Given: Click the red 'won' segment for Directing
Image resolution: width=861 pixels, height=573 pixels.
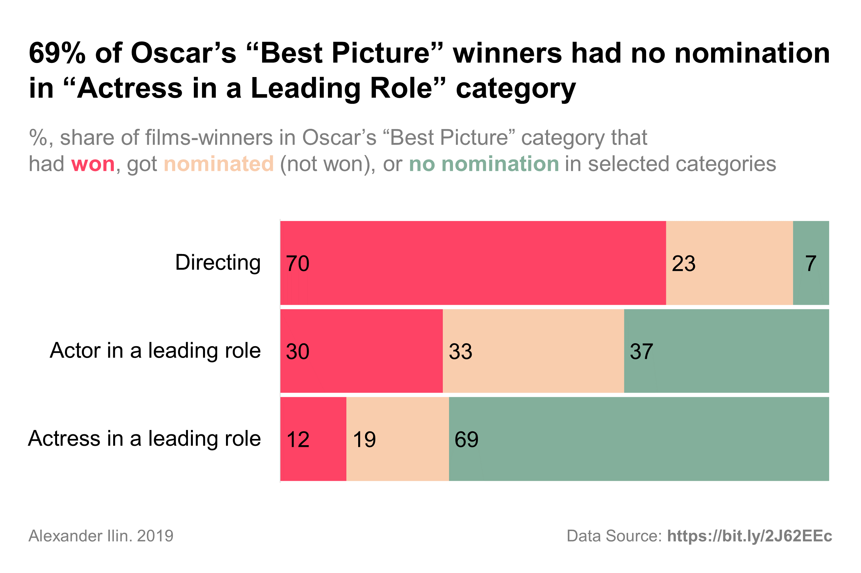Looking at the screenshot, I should pos(473,263).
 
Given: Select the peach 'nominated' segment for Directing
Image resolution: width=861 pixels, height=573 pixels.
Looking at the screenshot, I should pos(729,263).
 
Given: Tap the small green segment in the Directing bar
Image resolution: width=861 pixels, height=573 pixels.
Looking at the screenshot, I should pos(810,263).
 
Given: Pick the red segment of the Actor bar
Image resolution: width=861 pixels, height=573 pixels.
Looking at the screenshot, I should pos(361,351).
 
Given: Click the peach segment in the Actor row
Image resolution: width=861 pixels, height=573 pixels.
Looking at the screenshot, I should pos(533,351).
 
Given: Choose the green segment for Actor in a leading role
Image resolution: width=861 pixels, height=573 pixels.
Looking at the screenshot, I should pos(726,351).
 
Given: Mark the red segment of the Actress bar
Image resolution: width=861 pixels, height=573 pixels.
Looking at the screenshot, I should pos(313,439).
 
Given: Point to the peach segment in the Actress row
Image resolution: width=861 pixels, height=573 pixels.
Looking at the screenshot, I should pos(398,439).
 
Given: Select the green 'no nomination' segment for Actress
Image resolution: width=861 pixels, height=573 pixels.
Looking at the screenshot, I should pos(639,439).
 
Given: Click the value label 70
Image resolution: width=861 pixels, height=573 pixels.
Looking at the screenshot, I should pos(297,264).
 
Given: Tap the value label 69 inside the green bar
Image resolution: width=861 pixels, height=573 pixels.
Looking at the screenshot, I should pos(466,439).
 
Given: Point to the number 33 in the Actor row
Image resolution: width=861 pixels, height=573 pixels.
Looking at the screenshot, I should pos(460,351).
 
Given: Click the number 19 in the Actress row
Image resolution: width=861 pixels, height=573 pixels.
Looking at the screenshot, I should pos(364,439).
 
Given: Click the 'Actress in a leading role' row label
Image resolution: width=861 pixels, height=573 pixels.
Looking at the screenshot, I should pos(144,438).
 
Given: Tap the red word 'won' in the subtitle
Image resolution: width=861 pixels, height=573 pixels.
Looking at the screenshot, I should pos(93,164).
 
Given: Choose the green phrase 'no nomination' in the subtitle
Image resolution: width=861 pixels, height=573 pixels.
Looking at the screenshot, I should pos(484,164).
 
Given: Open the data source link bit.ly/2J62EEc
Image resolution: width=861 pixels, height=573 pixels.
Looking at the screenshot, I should pos(749,536).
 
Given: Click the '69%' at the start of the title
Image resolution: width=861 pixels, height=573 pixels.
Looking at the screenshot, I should pos(57,53).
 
